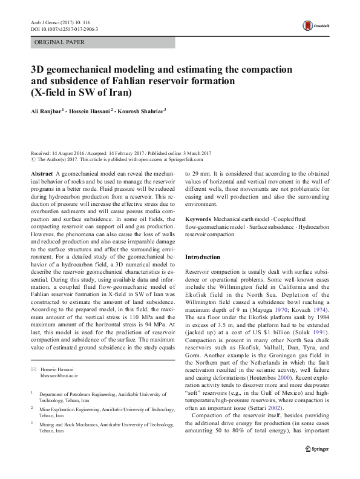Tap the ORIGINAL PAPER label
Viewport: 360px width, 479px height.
pyautogui.click(x=59, y=42)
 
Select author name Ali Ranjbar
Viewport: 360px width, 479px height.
pyautogui.click(x=47, y=112)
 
